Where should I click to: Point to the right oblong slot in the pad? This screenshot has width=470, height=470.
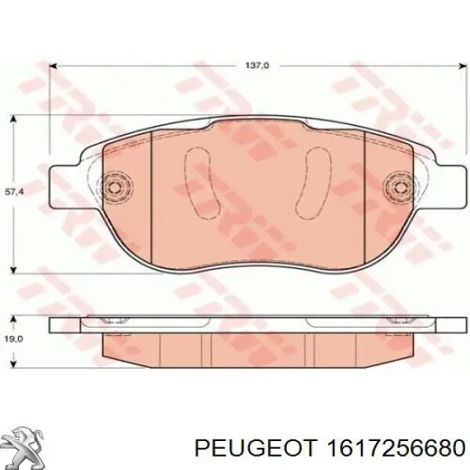point(319,183)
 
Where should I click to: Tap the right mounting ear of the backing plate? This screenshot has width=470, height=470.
point(443,186)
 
